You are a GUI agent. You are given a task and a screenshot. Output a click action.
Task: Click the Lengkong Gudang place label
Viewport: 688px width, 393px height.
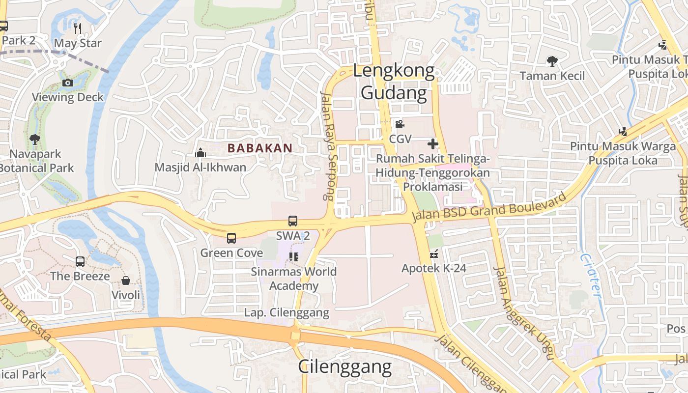[394, 82]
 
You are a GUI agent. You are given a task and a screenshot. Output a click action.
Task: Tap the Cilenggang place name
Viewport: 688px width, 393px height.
[345, 366]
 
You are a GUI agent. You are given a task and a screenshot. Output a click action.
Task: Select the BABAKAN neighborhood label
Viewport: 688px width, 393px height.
[260, 148]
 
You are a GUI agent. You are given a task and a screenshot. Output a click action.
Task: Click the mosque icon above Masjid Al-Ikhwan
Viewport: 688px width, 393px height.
[200, 153]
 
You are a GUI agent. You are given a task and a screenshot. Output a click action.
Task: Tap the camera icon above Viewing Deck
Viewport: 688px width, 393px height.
[68, 83]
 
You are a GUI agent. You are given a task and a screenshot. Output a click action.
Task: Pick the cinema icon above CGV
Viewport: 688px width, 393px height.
[400, 124]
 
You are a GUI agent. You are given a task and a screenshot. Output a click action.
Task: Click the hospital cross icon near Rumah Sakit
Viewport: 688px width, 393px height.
[432, 144]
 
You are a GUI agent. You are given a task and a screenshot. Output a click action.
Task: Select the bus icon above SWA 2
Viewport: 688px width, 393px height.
[293, 221]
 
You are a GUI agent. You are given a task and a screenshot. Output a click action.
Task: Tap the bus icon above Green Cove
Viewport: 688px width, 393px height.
[231, 238]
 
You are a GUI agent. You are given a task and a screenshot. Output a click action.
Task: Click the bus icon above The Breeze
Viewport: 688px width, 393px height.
[80, 262]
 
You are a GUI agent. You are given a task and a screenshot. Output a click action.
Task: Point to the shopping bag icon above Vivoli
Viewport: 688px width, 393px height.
[126, 281]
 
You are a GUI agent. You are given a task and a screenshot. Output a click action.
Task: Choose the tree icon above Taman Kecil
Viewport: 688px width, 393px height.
[552, 61]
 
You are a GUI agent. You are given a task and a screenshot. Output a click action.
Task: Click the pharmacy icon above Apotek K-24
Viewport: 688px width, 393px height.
[433, 254]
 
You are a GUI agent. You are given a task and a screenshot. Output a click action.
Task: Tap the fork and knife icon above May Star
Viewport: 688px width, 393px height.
[78, 28]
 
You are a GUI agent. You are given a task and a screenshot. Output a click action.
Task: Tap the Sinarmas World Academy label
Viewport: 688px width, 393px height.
[294, 279]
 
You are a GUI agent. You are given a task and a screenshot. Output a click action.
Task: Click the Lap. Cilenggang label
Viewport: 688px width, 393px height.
[287, 312]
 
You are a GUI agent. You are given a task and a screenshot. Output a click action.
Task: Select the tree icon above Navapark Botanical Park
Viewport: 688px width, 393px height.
[34, 140]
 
